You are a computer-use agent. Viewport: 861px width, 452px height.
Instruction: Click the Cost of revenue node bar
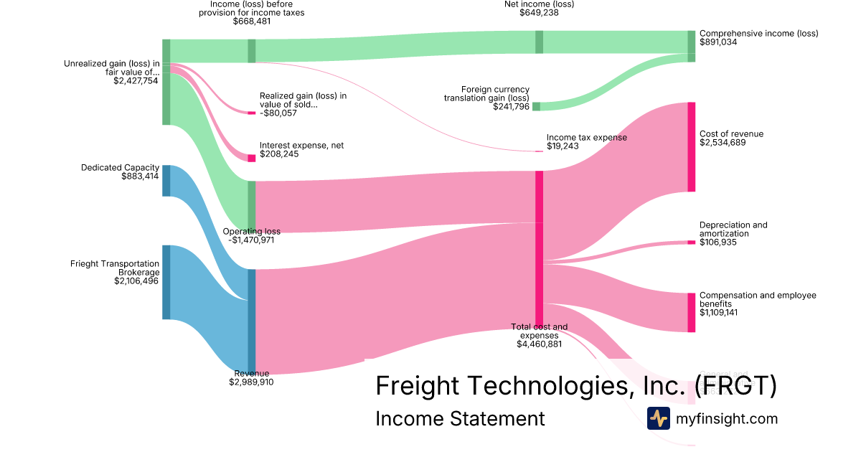pyautogui.click(x=692, y=147)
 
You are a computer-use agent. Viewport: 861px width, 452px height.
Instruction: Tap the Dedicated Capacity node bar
pyautogui.click(x=166, y=180)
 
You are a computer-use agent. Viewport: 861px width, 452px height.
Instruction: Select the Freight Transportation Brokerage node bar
pyautogui.click(x=166, y=282)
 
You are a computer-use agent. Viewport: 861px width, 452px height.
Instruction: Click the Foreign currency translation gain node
pyautogui.click(x=536, y=107)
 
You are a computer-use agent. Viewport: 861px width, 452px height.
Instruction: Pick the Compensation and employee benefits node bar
pyautogui.click(x=692, y=312)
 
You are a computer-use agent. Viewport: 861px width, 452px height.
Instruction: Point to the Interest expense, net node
pyautogui.click(x=252, y=158)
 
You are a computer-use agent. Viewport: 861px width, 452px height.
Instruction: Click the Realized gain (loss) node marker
pyautogui.click(x=252, y=113)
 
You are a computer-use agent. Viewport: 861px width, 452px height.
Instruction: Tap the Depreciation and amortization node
pyautogui.click(x=692, y=243)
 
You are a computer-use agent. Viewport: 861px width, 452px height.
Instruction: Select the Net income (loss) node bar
pyautogui.click(x=539, y=42)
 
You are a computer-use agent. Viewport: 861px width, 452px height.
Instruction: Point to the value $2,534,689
pyautogui.click(x=724, y=143)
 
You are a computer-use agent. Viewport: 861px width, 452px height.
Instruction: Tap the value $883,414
pyautogui.click(x=141, y=176)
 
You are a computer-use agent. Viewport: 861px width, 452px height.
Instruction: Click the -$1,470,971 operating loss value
pyautogui.click(x=253, y=240)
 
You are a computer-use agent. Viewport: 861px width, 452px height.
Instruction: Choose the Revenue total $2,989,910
pyautogui.click(x=251, y=382)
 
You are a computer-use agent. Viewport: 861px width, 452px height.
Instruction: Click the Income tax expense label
pyautogui.click(x=586, y=138)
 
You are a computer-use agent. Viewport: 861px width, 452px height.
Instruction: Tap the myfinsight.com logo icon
pyautogui.click(x=658, y=418)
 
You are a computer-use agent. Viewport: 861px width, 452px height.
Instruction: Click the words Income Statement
pyautogui.click(x=460, y=418)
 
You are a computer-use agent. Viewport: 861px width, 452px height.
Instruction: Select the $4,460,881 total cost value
pyautogui.click(x=539, y=344)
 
